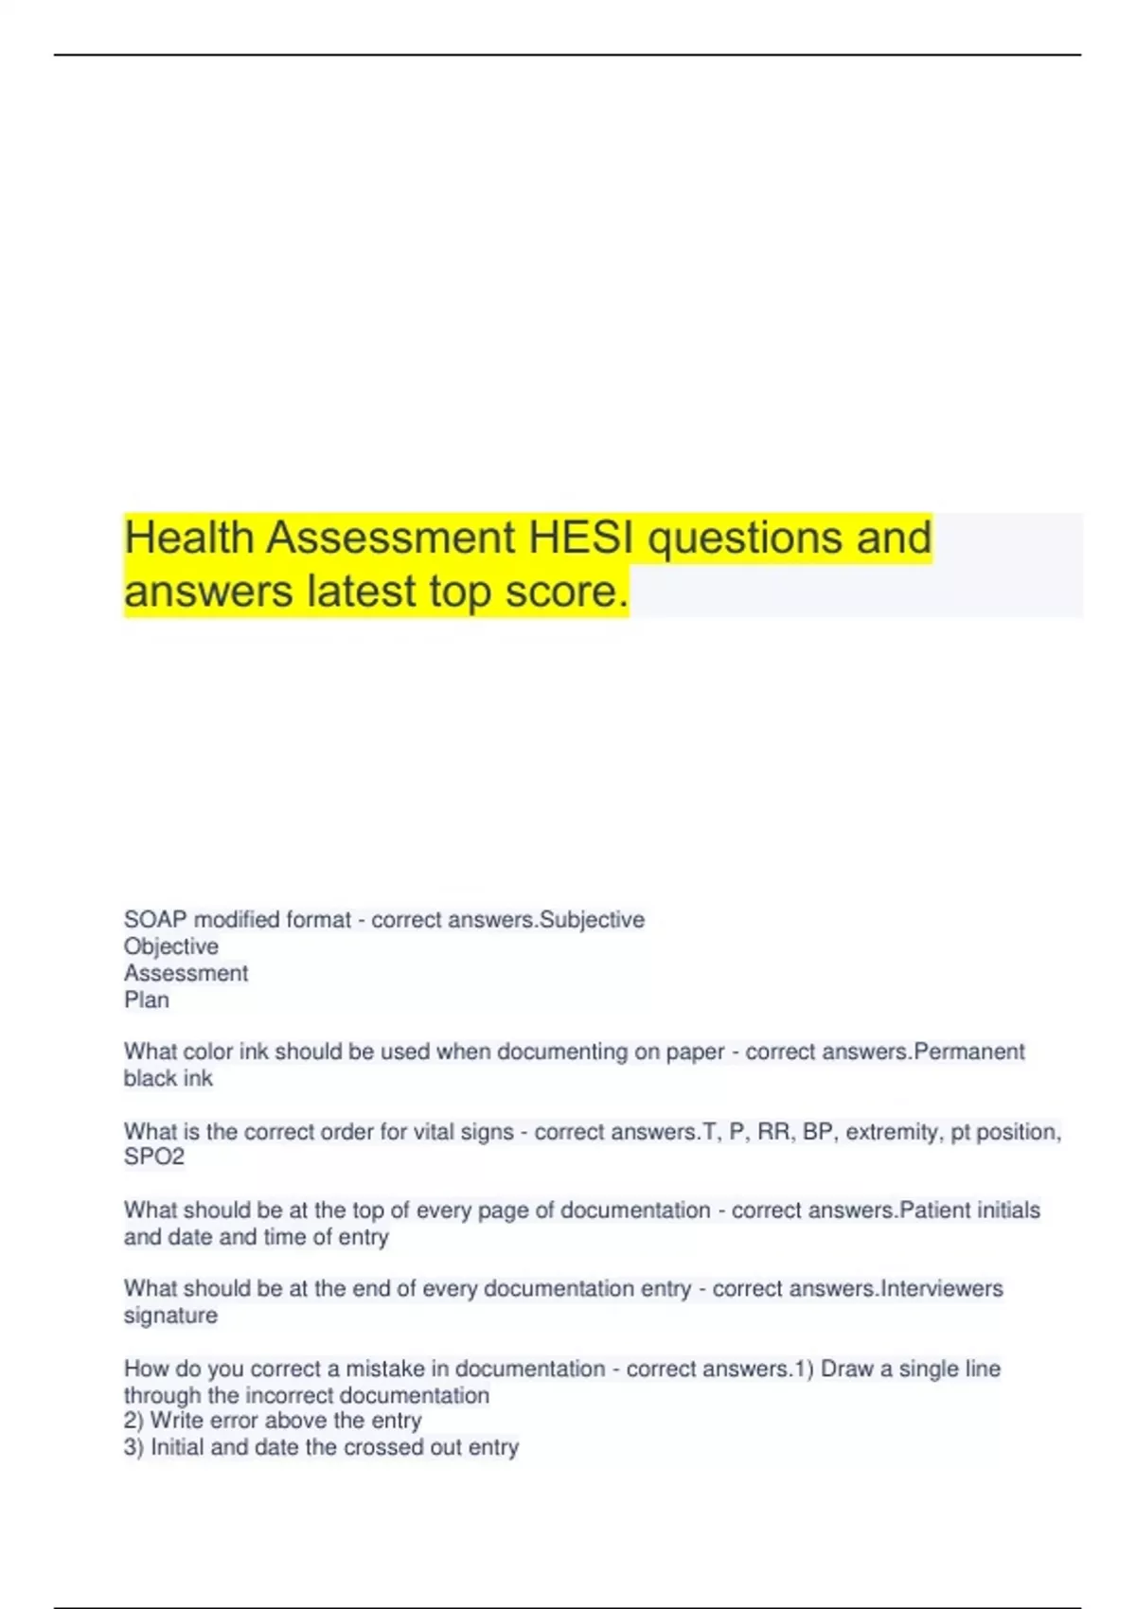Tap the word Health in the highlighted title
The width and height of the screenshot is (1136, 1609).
pyautogui.click(x=189, y=538)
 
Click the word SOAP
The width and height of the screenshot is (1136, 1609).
pyautogui.click(x=155, y=920)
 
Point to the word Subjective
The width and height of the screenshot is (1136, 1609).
pyautogui.click(x=592, y=920)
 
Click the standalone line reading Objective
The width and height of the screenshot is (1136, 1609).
pyautogui.click(x=171, y=946)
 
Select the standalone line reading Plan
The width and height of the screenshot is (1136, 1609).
pyautogui.click(x=147, y=999)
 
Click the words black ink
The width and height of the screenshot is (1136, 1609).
pyautogui.click(x=169, y=1078)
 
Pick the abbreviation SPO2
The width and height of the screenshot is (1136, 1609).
pyautogui.click(x=154, y=1157)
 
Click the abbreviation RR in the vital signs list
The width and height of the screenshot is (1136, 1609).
pyautogui.click(x=773, y=1132)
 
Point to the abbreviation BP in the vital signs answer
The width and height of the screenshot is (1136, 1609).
pyautogui.click(x=817, y=1132)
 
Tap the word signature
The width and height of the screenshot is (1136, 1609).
pyautogui.click(x=170, y=1316)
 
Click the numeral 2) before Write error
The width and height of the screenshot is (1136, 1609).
pyautogui.click(x=133, y=1421)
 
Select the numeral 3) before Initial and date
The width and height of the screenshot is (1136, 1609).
pyautogui.click(x=133, y=1447)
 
